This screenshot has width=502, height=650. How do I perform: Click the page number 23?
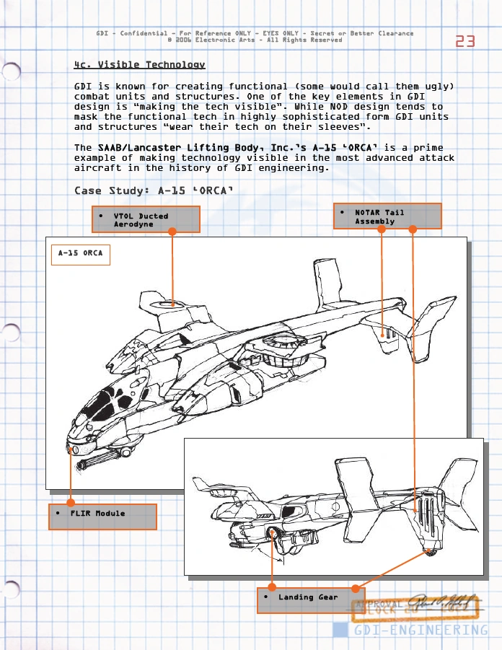tap(465, 41)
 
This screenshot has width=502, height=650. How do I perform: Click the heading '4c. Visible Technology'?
tap(139, 65)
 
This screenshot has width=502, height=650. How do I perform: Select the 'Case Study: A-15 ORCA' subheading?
tap(153, 191)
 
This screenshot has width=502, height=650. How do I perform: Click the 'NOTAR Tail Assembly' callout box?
tap(387, 216)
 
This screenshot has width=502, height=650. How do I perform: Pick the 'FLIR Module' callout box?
tap(102, 517)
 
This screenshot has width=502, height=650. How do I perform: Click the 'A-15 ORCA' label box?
tap(80, 254)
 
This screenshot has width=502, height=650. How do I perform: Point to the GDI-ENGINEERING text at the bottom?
tap(420, 631)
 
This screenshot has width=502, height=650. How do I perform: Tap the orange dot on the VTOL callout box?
tap(172, 232)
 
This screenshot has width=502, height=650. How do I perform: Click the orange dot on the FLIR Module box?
tap(71, 502)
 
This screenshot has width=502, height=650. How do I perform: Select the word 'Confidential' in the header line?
tap(143, 33)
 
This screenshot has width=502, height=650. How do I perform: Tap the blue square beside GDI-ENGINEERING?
tap(340, 631)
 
